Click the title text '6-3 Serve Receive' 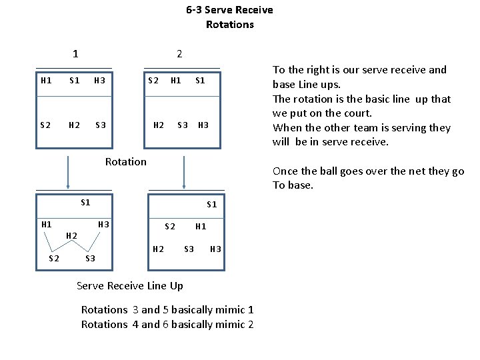click(x=229, y=10)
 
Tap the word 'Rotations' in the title click(x=229, y=25)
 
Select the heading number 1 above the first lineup click(x=75, y=54)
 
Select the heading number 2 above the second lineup click(x=179, y=54)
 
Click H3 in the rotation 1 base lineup click(x=99, y=81)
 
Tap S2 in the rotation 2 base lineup click(x=153, y=81)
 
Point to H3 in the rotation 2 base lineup click(x=203, y=125)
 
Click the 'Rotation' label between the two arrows click(x=125, y=161)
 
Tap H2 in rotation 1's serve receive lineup click(x=72, y=235)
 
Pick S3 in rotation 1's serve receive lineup click(x=90, y=258)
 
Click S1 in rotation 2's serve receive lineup click(x=211, y=205)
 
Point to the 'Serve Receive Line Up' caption click(x=129, y=286)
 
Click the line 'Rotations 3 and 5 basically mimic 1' click(x=167, y=309)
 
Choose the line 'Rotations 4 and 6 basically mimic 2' click(x=167, y=324)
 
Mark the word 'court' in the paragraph click(x=357, y=113)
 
